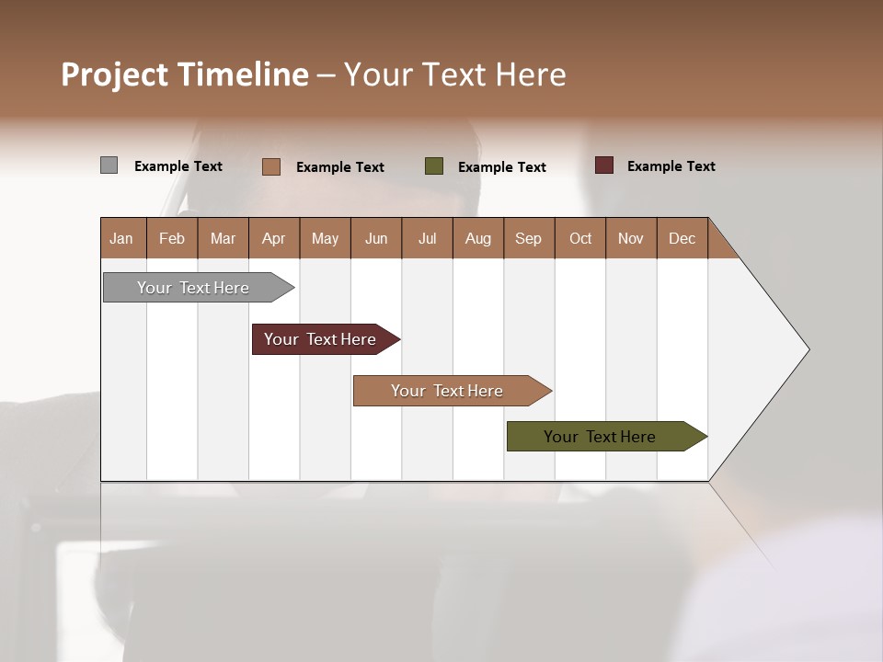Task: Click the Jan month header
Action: coord(122,238)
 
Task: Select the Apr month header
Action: coord(274,238)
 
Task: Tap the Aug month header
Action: coord(478,238)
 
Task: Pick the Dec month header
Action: coord(682,238)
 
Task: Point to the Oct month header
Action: coord(580,238)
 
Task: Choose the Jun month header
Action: coord(376,238)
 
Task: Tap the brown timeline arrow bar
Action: coord(448,391)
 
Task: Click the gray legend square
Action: coord(109,165)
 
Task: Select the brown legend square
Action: coord(270,166)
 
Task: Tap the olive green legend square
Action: coord(434,166)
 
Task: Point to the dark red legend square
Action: coord(603,165)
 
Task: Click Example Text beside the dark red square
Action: coord(671,165)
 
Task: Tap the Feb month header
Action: coord(172,238)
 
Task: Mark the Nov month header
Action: coord(631,238)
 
